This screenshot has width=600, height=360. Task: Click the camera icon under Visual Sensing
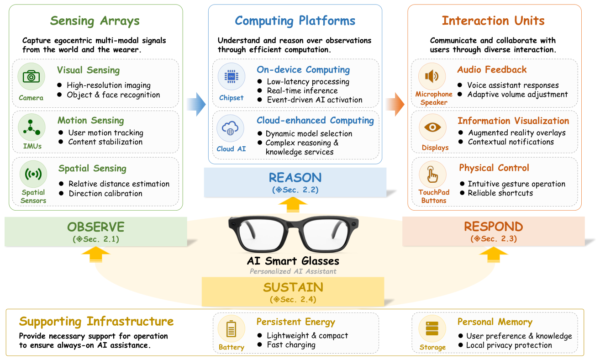(x=31, y=77)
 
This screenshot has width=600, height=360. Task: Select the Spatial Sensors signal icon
(x=33, y=174)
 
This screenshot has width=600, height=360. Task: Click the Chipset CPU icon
(x=231, y=76)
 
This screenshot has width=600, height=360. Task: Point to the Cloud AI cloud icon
(x=230, y=128)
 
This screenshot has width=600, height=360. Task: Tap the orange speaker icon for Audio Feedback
(x=432, y=76)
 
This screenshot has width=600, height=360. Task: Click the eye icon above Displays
(x=432, y=127)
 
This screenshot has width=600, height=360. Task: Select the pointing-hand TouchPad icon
(x=432, y=174)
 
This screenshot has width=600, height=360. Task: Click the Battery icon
(x=231, y=328)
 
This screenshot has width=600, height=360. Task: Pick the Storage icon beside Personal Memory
(x=432, y=328)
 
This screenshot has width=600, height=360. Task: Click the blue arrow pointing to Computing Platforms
(x=196, y=104)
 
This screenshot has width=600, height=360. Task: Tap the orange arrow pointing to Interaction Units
(x=395, y=104)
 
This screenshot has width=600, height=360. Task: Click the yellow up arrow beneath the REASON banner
(x=293, y=205)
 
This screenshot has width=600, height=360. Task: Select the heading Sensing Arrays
(x=95, y=21)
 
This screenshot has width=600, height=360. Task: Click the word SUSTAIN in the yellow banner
(x=293, y=287)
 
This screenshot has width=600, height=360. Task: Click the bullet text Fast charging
(x=291, y=345)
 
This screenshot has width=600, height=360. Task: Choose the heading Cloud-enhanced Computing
(x=315, y=120)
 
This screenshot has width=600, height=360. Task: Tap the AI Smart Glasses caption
(x=293, y=261)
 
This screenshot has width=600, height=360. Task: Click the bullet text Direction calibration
(x=105, y=194)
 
